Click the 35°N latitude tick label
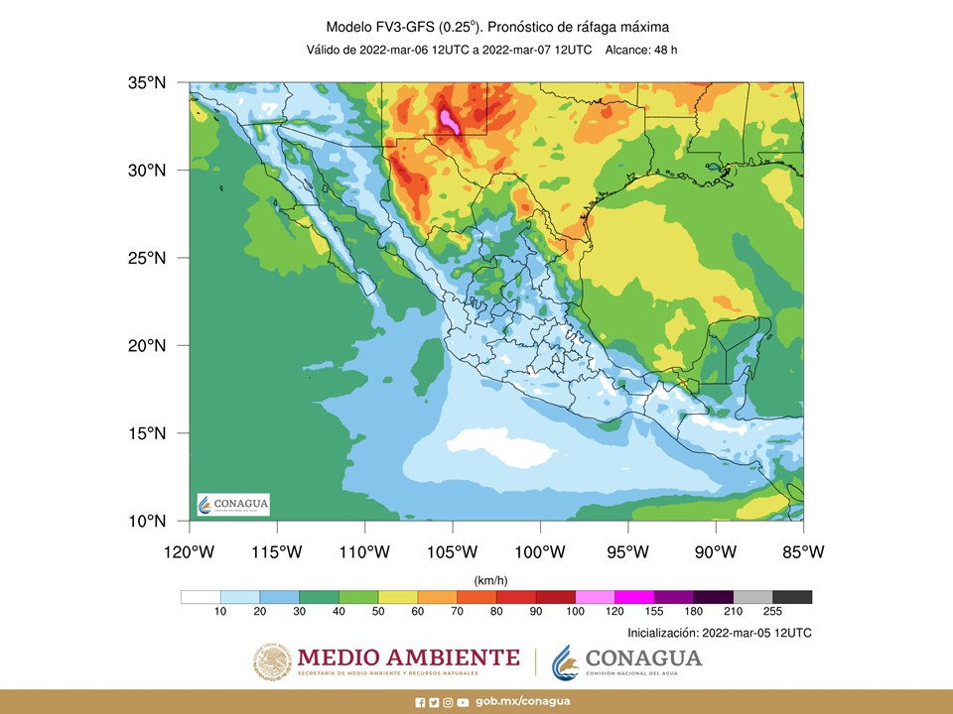[146, 83]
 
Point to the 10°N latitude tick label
[146, 521]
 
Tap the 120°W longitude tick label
[189, 550]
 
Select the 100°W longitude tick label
[540, 550]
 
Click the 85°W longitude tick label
[802, 550]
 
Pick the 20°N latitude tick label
[146, 345]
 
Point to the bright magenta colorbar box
[633, 597]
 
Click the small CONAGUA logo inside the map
[233, 505]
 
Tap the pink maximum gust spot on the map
[449, 121]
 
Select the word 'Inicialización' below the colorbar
[662, 632]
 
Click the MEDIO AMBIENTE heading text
[408, 657]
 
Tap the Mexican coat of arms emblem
[272, 661]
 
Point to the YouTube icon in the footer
[464, 702]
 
